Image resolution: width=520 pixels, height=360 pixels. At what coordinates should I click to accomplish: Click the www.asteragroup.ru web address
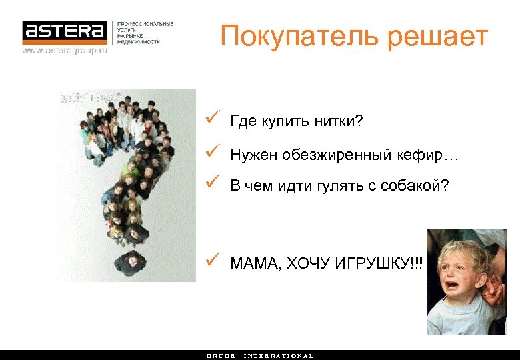tap(65, 50)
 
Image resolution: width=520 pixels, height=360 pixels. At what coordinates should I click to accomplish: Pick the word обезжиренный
tap(331, 155)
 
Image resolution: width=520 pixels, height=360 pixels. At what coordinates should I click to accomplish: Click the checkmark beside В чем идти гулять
tap(211, 180)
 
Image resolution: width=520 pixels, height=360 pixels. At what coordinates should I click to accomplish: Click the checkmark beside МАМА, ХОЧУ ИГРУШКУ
tap(211, 261)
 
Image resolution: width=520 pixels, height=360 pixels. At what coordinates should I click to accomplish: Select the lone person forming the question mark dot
tap(129, 261)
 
